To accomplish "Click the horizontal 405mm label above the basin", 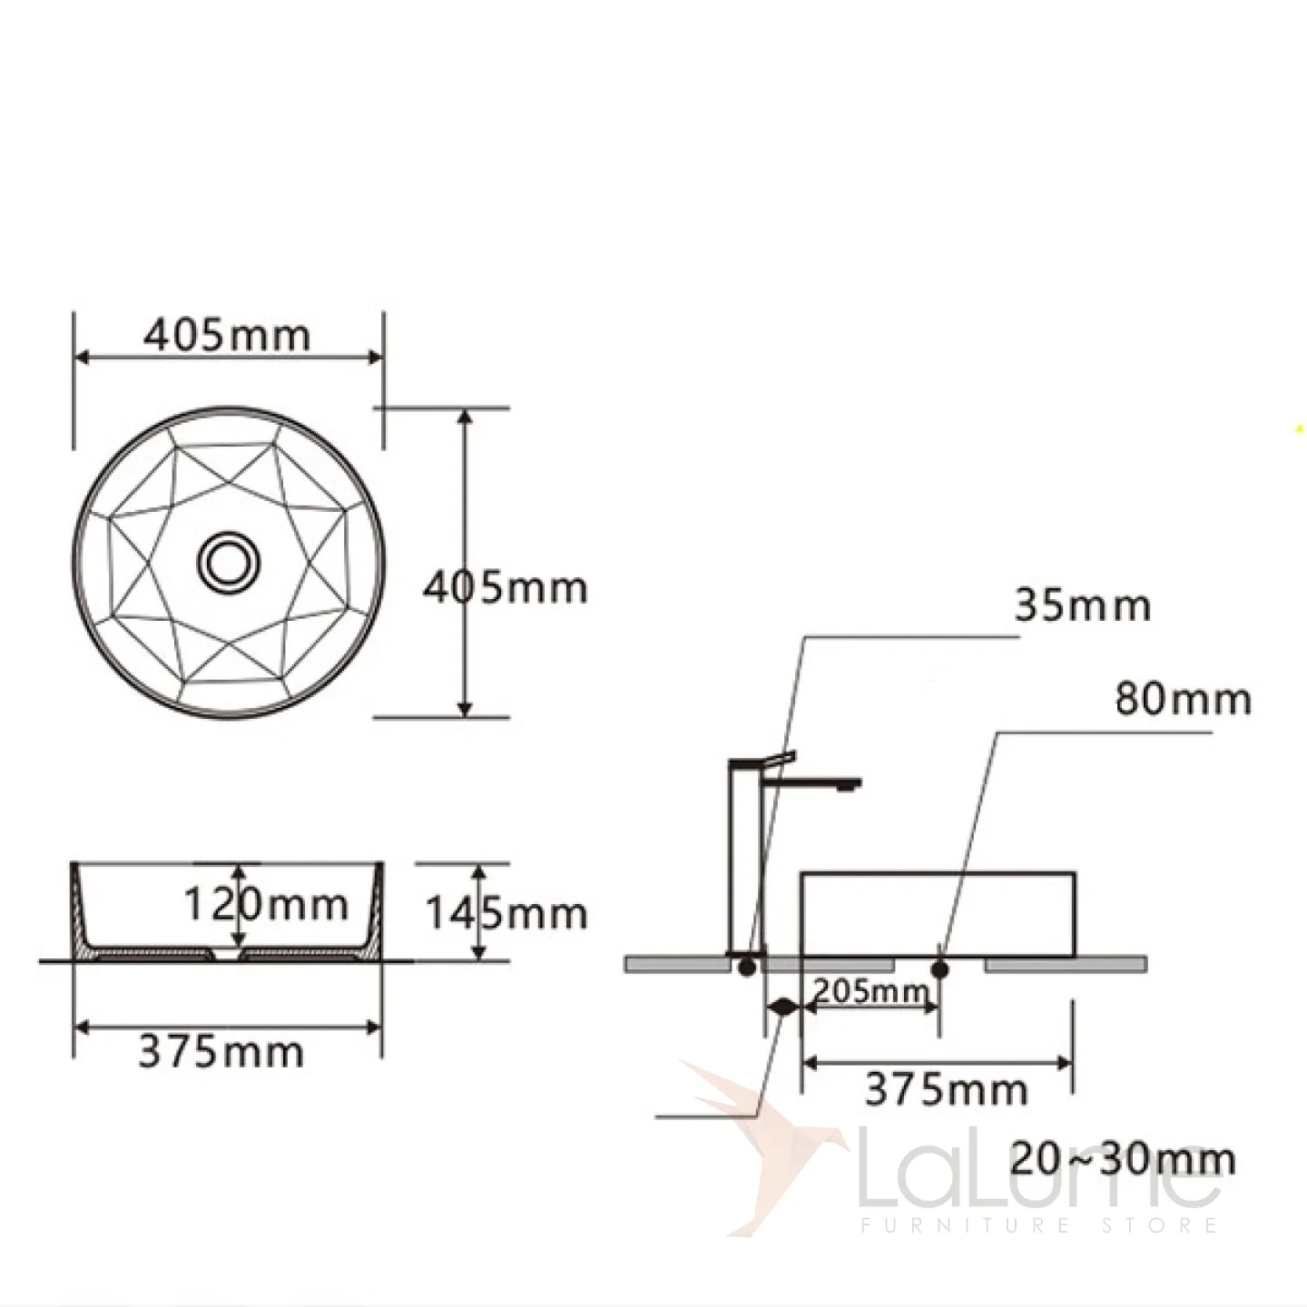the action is pyautogui.click(x=227, y=335).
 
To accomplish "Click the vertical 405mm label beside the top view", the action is pyautogui.click(x=506, y=587).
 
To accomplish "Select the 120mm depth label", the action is pyautogui.click(x=267, y=905).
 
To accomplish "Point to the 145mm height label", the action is pyautogui.click(x=506, y=913).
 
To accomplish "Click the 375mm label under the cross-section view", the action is pyautogui.click(x=221, y=1053).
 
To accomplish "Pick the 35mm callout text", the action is pyautogui.click(x=1083, y=605).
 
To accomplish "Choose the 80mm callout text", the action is pyautogui.click(x=1184, y=699).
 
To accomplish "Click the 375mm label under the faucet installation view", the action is pyautogui.click(x=947, y=1090).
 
